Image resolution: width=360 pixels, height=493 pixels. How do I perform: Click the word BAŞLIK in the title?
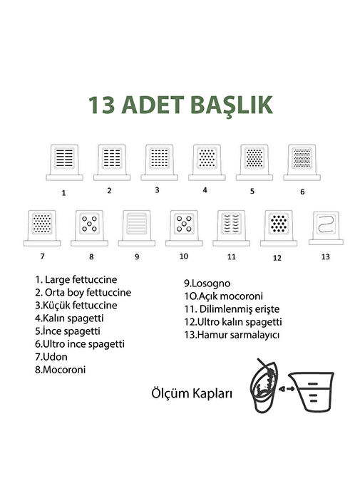[x=232, y=105]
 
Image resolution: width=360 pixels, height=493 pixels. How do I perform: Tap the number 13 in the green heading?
[x=101, y=105]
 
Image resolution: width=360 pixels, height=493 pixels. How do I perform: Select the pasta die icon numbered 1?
[x=64, y=162]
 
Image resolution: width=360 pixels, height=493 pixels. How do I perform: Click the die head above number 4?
[x=207, y=162]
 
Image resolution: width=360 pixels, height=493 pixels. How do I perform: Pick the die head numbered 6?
[x=302, y=162]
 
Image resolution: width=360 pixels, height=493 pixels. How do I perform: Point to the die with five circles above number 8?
[x=89, y=228]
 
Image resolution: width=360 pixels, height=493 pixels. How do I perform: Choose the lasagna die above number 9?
[x=137, y=228]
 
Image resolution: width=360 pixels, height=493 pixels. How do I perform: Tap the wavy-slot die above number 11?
[x=231, y=228]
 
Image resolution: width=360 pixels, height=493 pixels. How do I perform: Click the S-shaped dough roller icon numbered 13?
[x=326, y=228]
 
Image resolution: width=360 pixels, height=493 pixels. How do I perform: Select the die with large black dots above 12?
[x=279, y=228]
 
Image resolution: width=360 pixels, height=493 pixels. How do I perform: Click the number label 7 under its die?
[x=43, y=256]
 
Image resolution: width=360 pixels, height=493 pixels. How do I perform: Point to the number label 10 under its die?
[x=184, y=256]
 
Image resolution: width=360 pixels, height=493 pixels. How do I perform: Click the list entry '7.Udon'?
[x=51, y=357]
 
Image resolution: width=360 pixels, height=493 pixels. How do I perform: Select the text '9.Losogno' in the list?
[x=207, y=284]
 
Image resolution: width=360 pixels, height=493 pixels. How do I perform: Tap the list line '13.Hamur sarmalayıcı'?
[x=232, y=335]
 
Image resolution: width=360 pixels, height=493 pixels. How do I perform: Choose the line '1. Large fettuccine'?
[x=76, y=279]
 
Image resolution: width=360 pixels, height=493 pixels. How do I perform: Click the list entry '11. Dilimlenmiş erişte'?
[x=232, y=309]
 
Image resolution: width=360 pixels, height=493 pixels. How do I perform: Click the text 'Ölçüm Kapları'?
[x=192, y=393]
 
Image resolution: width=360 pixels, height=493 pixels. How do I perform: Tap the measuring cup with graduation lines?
[x=312, y=391]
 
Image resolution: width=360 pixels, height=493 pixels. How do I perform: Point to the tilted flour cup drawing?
[x=264, y=386]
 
